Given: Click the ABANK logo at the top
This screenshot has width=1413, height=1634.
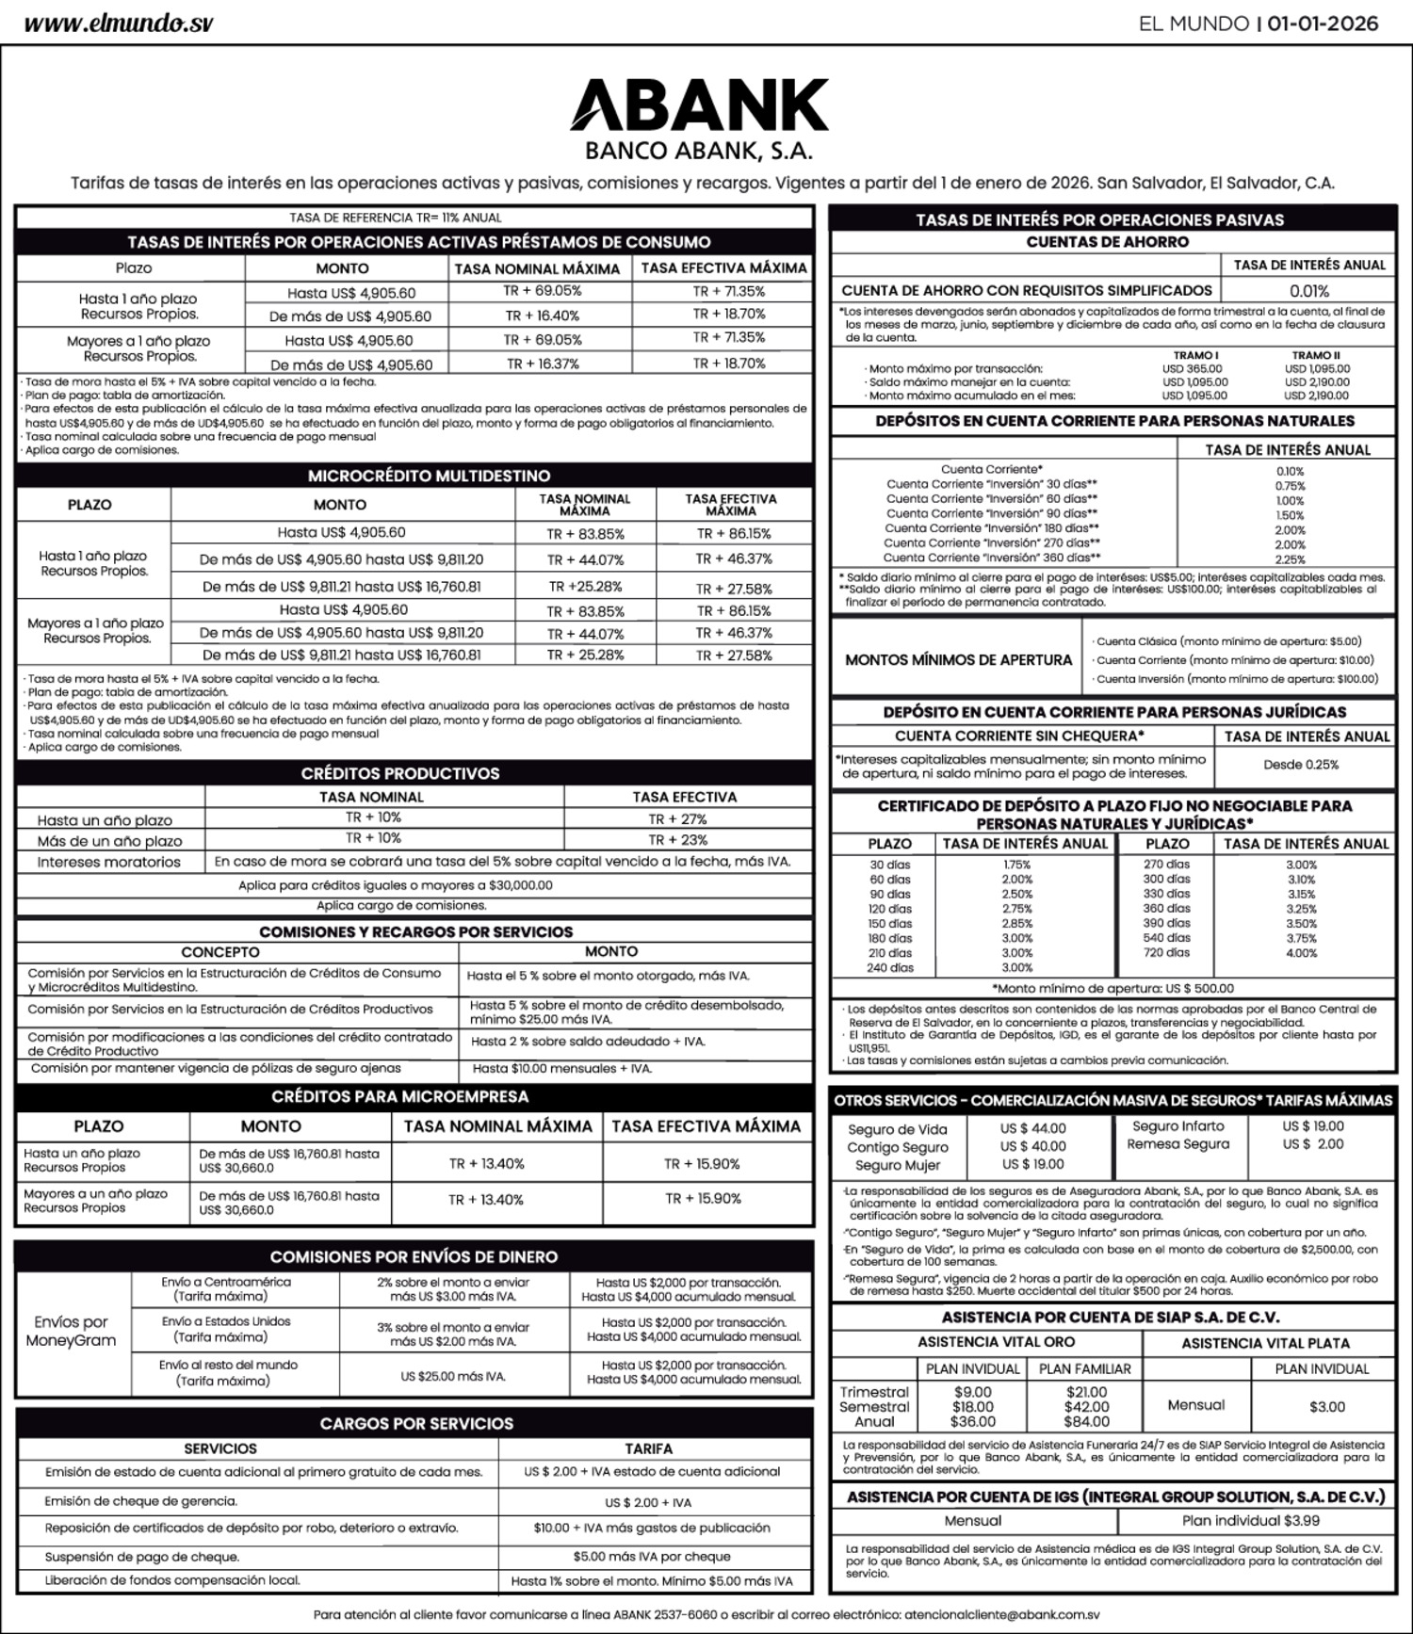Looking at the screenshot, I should click(x=699, y=105).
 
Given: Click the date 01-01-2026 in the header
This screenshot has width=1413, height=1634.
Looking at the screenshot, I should click(x=1323, y=24).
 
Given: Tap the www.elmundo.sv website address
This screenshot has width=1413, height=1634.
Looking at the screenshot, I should click(x=119, y=24).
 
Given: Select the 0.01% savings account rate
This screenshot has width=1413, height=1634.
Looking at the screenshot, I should click(x=1308, y=291).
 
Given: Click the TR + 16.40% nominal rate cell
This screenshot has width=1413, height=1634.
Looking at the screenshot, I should click(x=542, y=316).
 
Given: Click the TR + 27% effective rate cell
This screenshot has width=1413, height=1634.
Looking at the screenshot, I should click(x=677, y=819).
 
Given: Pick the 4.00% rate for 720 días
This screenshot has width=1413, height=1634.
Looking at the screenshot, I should click(x=1301, y=953).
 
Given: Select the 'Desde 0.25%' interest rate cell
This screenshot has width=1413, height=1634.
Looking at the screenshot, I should click(x=1301, y=765).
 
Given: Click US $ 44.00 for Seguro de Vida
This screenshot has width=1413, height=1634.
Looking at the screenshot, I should click(x=1032, y=1128).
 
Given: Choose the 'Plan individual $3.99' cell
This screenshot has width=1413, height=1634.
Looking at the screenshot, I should click(x=1250, y=1520).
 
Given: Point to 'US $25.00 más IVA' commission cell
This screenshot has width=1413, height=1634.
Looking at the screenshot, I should click(x=453, y=1376).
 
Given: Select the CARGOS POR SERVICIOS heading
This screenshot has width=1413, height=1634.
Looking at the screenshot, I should click(x=416, y=1424).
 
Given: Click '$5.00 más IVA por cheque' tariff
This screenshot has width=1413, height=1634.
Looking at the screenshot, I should click(x=651, y=1557).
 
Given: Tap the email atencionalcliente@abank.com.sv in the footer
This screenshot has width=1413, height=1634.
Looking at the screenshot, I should click(x=1001, y=1614).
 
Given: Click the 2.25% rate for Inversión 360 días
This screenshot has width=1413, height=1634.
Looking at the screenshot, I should click(x=1290, y=559).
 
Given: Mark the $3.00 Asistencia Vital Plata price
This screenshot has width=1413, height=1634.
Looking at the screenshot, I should click(x=1326, y=1407).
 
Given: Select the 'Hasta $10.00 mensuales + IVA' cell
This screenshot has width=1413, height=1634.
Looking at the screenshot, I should click(x=561, y=1069).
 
